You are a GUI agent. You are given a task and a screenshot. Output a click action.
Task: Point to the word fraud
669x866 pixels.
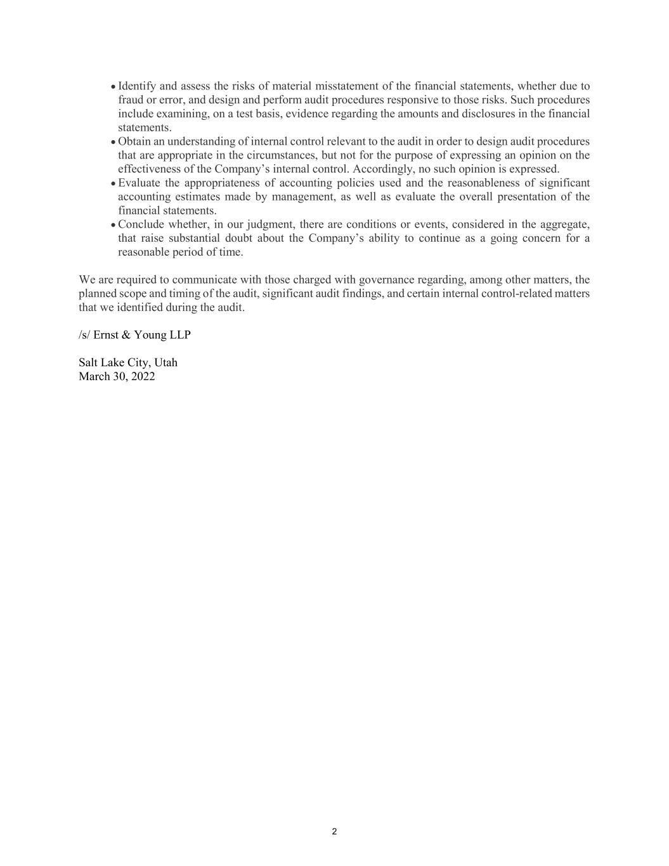131,100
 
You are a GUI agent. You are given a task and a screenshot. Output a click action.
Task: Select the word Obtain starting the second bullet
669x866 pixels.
134,141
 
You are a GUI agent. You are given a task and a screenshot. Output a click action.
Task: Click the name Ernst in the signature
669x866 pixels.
105,335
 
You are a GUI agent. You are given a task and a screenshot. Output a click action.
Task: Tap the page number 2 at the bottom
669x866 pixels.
334,832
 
